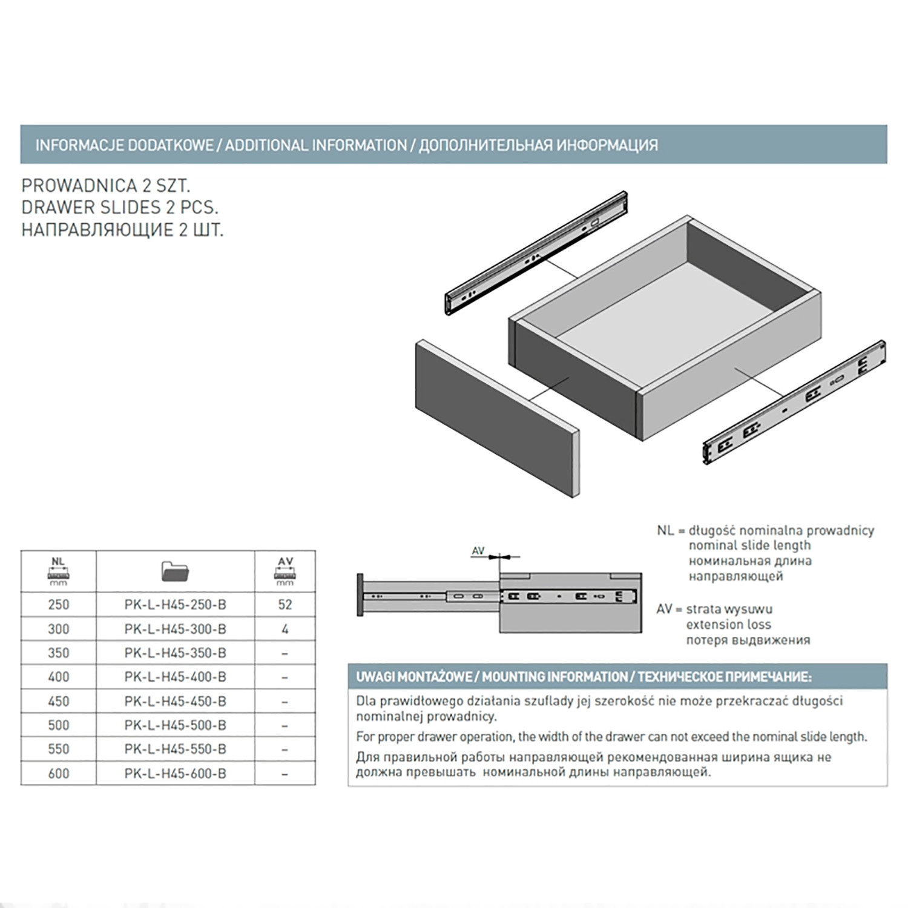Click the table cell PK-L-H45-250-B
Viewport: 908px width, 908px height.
(176, 605)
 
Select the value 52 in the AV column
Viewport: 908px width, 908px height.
(285, 605)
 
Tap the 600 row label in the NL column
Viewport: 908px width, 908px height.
(59, 774)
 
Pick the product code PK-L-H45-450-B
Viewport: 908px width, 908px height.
(176, 701)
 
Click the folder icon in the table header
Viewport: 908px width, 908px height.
(176, 570)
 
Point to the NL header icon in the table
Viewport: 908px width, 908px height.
(58, 571)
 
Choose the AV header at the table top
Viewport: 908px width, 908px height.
(285, 571)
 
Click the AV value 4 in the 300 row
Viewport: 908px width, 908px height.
(285, 629)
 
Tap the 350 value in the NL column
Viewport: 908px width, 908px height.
(59, 653)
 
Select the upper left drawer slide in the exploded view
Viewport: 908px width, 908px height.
(536, 253)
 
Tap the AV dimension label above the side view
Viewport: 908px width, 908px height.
(478, 551)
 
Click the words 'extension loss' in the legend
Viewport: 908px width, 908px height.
(729, 625)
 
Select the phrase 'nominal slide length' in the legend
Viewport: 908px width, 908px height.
(750, 545)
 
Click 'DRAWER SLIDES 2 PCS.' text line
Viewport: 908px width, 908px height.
(120, 208)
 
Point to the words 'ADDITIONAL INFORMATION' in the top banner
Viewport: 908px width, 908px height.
(316, 145)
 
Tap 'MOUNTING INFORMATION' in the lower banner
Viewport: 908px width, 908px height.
(554, 677)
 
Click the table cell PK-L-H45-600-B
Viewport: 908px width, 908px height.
(176, 774)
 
